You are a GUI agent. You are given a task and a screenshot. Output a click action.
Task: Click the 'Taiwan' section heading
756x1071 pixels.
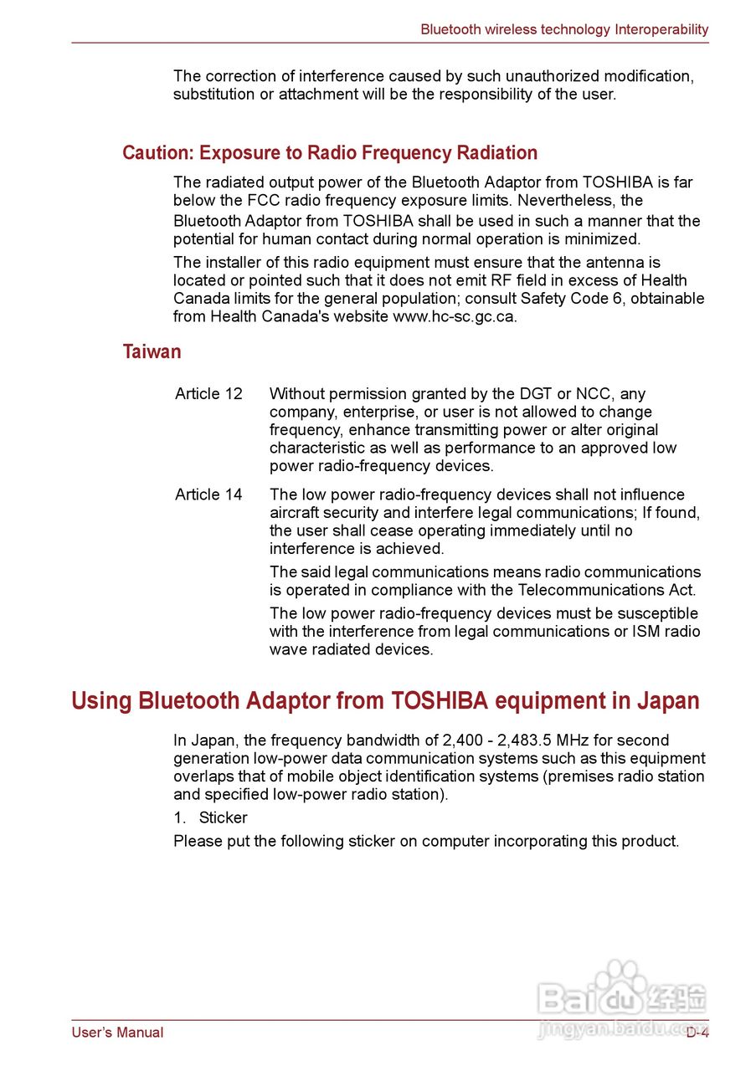tap(152, 351)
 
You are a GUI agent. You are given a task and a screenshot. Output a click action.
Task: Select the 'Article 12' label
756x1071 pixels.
tap(208, 394)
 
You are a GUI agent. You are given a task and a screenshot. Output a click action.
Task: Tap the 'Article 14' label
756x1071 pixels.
tap(208, 495)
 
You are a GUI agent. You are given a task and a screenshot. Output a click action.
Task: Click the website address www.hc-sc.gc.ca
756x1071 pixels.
tap(454, 317)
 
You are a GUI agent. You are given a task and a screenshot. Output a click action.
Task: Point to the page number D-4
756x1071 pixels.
tap(697, 1033)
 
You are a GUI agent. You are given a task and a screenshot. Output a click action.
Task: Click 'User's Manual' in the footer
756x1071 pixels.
tap(117, 1033)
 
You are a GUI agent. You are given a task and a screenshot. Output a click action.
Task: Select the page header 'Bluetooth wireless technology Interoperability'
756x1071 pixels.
tap(564, 29)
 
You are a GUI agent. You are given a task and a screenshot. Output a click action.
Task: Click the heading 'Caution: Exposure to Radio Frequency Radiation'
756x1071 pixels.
tap(330, 153)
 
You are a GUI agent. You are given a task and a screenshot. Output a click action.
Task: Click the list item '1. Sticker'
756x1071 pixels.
tap(210, 818)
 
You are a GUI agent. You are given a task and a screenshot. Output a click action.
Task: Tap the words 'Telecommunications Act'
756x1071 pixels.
tap(620, 591)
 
